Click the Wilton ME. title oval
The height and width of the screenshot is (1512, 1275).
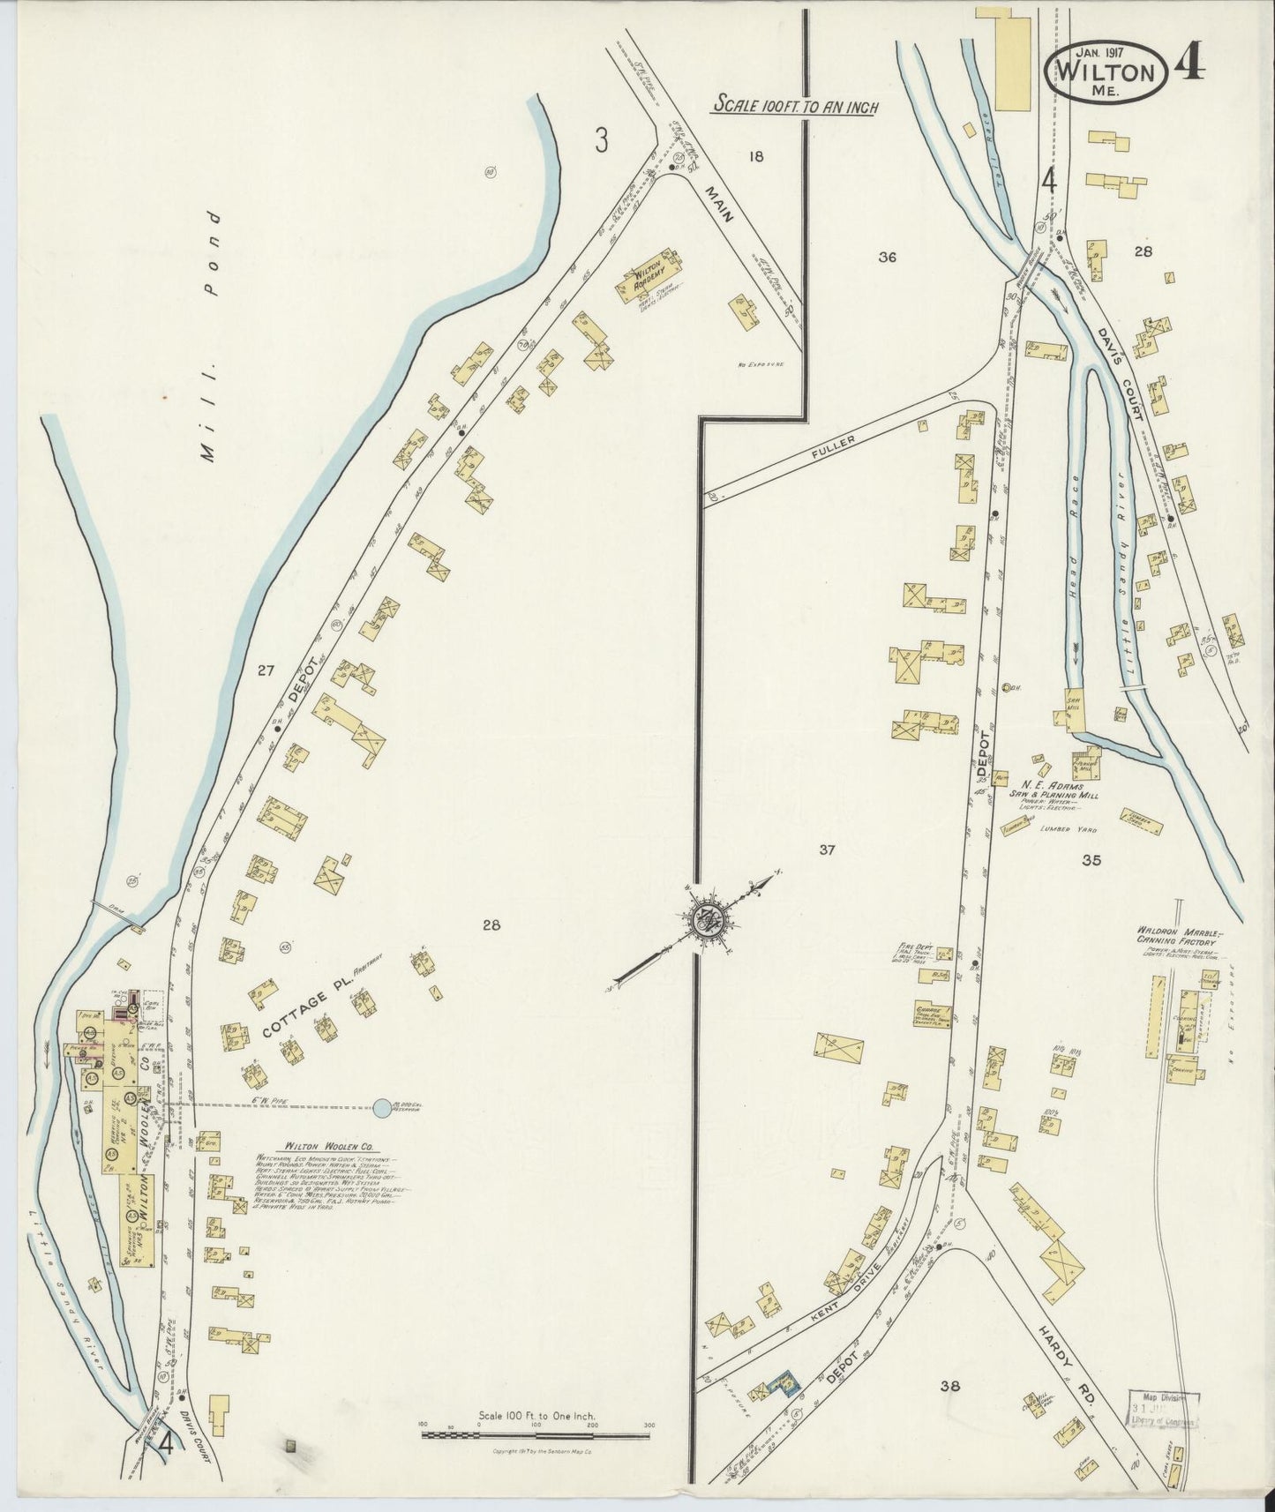[1107, 73]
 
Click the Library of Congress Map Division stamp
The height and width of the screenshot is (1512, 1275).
[1163, 1422]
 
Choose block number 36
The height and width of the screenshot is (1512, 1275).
[887, 257]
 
